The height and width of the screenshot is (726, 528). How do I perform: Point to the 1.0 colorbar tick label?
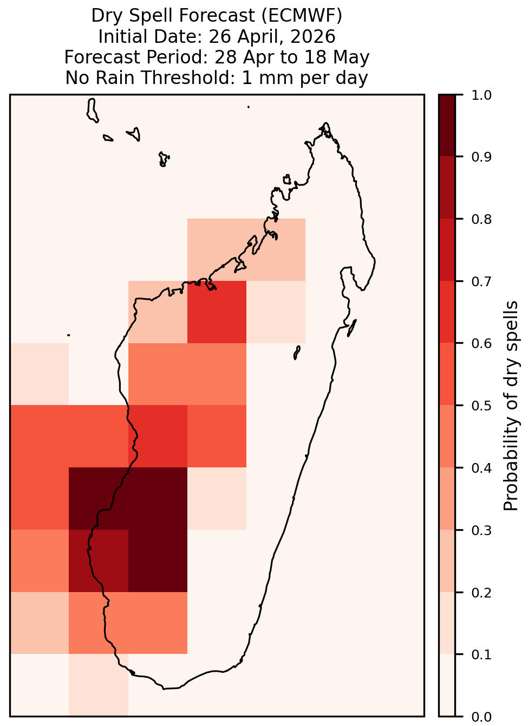[x=481, y=95]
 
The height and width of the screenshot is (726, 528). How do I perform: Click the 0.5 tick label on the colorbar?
[x=481, y=406]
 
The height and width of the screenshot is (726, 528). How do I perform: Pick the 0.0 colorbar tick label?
[x=481, y=717]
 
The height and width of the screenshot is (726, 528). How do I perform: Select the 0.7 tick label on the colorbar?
[x=481, y=281]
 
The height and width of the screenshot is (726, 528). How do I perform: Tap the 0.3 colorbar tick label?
[x=481, y=530]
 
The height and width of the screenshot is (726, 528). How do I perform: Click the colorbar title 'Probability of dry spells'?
[x=511, y=406]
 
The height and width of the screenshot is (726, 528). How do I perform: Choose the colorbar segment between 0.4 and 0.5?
[x=447, y=436]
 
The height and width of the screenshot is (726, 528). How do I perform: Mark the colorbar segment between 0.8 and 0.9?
[x=447, y=188]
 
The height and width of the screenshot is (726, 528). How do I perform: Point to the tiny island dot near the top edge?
[x=249, y=107]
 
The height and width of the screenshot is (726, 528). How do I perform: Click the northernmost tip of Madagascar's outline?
[x=325, y=123]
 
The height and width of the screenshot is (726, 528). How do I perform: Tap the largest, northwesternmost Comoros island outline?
[x=92, y=111]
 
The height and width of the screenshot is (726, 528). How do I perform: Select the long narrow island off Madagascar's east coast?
[x=352, y=328]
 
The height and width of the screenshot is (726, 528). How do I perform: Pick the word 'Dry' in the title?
[x=106, y=16]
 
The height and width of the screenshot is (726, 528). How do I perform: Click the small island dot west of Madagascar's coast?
[x=69, y=335]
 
